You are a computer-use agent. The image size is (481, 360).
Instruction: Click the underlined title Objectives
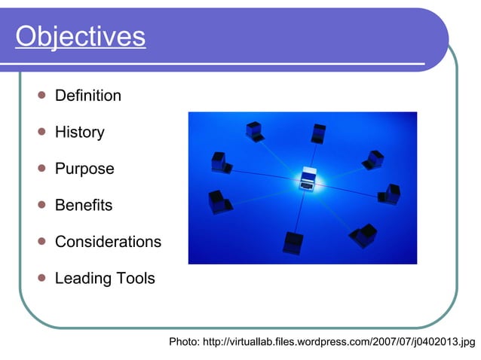click(80, 36)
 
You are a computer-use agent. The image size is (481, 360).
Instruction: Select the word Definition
click(87, 96)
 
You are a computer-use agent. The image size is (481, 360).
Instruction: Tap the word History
click(79, 133)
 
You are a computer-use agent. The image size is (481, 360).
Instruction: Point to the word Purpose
click(84, 169)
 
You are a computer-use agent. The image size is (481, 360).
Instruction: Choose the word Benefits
click(83, 205)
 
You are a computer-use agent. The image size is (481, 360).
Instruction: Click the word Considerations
click(108, 242)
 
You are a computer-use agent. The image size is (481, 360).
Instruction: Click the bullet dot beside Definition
click(41, 96)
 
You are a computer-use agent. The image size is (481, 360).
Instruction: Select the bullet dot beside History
click(41, 132)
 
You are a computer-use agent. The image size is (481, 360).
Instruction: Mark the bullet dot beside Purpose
click(41, 168)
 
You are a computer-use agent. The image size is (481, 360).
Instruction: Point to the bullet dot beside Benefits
click(41, 205)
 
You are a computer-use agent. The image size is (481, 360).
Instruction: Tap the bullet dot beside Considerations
click(41, 241)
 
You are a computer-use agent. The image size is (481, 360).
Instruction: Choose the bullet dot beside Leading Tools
click(41, 278)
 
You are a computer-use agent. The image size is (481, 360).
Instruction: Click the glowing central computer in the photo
click(308, 178)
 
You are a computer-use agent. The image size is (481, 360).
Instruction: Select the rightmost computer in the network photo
click(391, 194)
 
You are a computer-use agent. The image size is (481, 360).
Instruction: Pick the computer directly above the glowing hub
click(318, 133)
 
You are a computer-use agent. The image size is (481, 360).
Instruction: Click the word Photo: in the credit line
click(184, 343)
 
